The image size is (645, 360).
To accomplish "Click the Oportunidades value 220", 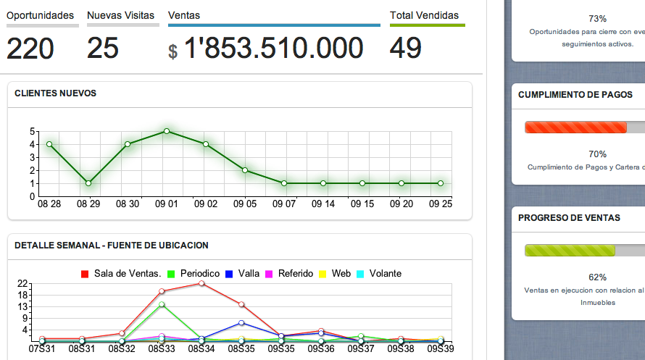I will [x=30, y=49].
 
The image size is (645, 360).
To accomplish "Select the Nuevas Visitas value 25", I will [x=103, y=49].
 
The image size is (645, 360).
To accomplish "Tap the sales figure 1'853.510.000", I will [x=273, y=49].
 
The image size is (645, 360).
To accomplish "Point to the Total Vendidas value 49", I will [x=406, y=49].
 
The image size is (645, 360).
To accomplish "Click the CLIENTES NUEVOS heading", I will [x=55, y=93].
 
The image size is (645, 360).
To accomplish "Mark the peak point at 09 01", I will [x=167, y=131].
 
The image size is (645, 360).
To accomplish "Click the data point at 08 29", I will [x=88, y=183].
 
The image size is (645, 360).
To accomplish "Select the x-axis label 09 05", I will [x=245, y=204].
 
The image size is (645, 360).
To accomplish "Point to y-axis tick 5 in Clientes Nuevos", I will [x=33, y=131].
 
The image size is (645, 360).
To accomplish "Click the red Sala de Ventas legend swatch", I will [x=85, y=274].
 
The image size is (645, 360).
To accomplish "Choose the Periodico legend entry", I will [x=199, y=274].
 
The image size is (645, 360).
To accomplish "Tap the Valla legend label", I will [x=249, y=274].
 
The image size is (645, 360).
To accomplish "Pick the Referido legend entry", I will [x=296, y=274].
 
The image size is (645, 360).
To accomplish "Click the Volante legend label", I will [x=385, y=274].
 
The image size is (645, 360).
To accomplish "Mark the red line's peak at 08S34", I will [x=201, y=283].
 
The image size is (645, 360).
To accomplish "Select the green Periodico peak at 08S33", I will [x=162, y=304].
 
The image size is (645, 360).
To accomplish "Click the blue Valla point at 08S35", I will [x=241, y=322].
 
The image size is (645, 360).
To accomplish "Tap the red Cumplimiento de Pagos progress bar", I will [x=576, y=127].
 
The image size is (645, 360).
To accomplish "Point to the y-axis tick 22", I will [x=22, y=283].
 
